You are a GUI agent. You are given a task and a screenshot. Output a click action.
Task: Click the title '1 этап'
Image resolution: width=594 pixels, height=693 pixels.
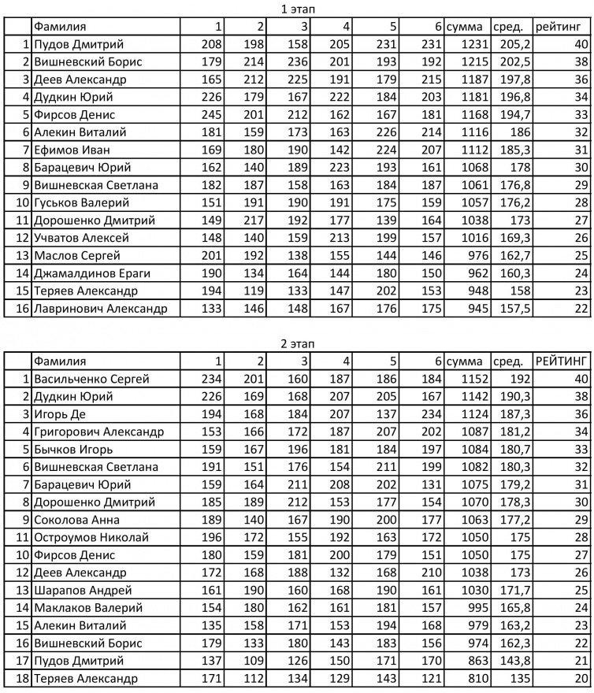click(x=297, y=9)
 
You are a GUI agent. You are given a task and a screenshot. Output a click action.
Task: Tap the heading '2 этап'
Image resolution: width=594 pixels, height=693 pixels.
click(x=297, y=343)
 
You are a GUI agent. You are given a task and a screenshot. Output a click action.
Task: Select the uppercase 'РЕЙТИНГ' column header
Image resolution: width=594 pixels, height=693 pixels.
click(x=562, y=361)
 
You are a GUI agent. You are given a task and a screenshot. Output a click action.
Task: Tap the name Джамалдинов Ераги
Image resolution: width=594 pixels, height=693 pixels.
click(x=92, y=272)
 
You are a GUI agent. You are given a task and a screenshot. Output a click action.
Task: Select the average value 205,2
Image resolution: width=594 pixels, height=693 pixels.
click(x=511, y=44)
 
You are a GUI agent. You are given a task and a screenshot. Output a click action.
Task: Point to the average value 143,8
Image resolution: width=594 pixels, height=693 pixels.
click(x=511, y=660)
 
